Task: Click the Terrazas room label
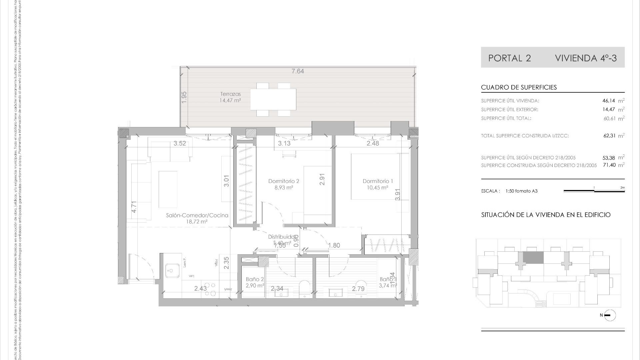(230, 94)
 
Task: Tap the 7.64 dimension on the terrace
(298, 71)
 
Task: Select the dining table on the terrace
(273, 99)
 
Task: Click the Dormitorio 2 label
(284, 181)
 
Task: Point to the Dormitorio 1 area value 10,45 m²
(378, 188)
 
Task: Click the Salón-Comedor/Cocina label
(197, 215)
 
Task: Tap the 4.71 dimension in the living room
(134, 207)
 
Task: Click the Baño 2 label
(255, 279)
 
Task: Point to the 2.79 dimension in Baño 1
(358, 289)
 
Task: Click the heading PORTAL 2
(509, 58)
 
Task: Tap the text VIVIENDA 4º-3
(586, 58)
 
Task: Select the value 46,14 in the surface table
(609, 101)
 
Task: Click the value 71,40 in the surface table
(609, 165)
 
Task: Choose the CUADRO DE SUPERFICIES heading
(519, 87)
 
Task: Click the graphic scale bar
(594, 191)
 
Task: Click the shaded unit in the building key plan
(533, 257)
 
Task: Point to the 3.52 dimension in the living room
(180, 144)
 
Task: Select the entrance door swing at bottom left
(140, 267)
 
